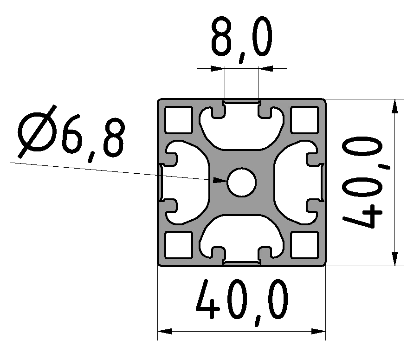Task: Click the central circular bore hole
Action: click(241, 182)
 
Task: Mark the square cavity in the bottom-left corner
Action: click(179, 244)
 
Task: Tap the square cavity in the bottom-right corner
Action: click(304, 244)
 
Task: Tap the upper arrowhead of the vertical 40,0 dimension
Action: click(394, 107)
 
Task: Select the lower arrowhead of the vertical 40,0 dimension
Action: click(394, 258)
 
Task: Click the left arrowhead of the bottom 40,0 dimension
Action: click(165, 332)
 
